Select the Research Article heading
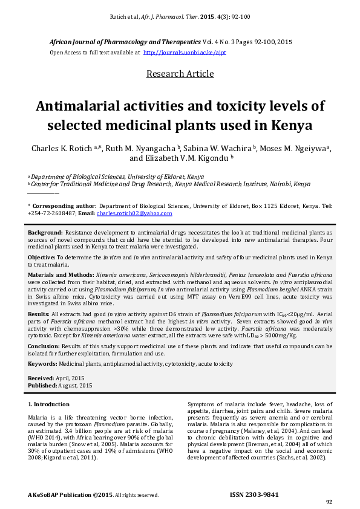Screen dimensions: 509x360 (x=180, y=74)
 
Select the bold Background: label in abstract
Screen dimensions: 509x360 (x=45, y=232)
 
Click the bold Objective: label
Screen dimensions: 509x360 (x=44, y=257)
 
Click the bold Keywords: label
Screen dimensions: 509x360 (x=43, y=363)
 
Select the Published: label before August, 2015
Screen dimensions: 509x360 (x=42, y=385)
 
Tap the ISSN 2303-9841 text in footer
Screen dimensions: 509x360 (x=254, y=494)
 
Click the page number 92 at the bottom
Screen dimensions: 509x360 (x=329, y=502)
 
